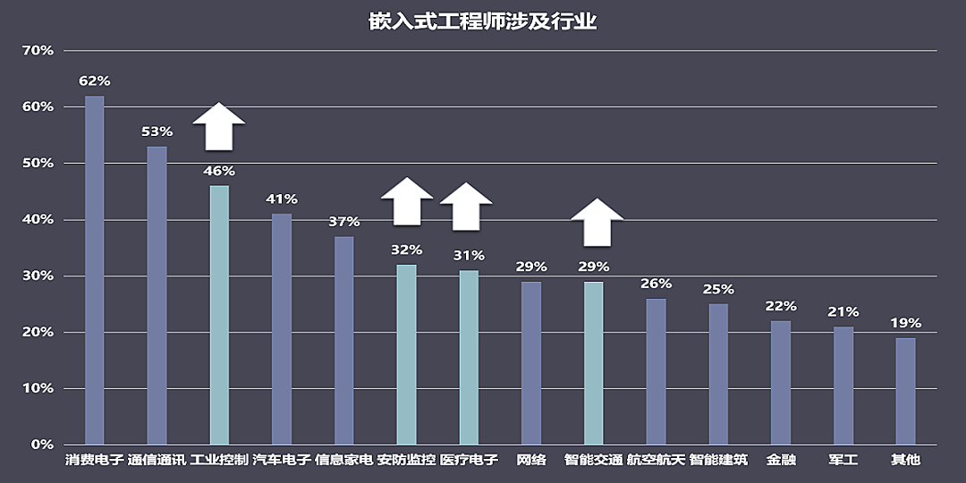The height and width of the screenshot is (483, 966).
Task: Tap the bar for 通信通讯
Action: pyautogui.click(x=157, y=295)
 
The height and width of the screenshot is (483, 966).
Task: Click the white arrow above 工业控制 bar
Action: pyautogui.click(x=219, y=127)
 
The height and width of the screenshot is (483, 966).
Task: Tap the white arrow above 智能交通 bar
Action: pyautogui.click(x=597, y=222)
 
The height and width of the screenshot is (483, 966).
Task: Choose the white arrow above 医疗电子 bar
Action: pyautogui.click(x=466, y=207)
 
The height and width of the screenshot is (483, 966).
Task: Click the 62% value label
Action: pyautogui.click(x=95, y=81)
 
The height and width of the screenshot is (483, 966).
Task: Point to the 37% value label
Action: pyautogui.click(x=343, y=222)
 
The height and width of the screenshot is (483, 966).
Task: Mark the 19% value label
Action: pyautogui.click(x=905, y=323)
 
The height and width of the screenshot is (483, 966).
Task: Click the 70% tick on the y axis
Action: pyautogui.click(x=38, y=50)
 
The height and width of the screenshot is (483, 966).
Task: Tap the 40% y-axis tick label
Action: pyautogui.click(x=38, y=219)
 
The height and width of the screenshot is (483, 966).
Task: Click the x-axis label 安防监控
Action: pyautogui.click(x=406, y=461)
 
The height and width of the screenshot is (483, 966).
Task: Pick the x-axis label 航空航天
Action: pyautogui.click(x=656, y=461)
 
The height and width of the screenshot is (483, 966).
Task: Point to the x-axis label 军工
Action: pyautogui.click(x=843, y=461)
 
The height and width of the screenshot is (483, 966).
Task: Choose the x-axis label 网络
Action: pyautogui.click(x=531, y=461)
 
